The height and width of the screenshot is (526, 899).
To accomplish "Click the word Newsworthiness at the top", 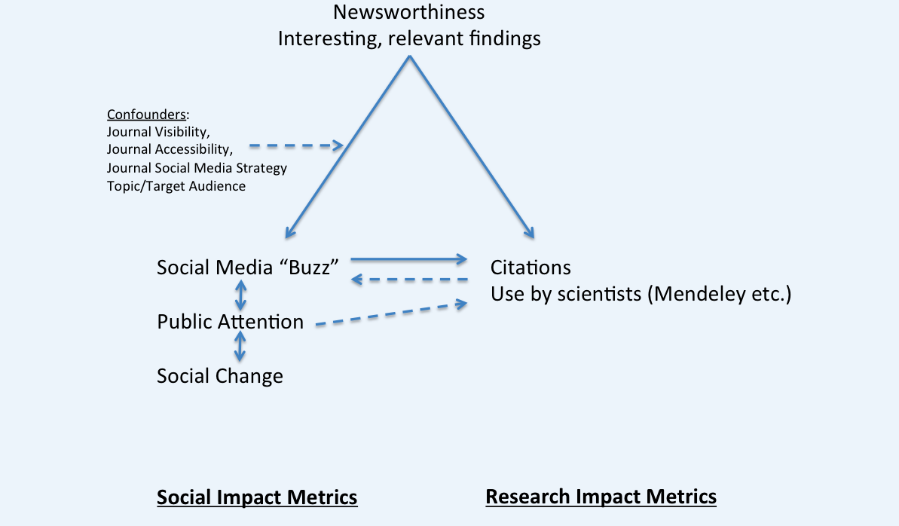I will (x=409, y=12).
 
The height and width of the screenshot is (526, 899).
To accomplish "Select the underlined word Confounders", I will (x=147, y=115).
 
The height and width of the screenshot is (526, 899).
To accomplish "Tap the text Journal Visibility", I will (x=158, y=132).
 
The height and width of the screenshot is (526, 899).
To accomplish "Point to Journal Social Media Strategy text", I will (x=197, y=167).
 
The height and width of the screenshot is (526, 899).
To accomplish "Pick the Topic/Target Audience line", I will (x=176, y=185).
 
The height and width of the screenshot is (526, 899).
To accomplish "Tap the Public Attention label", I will (x=230, y=323).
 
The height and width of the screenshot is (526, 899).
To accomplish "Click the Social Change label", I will (x=220, y=376).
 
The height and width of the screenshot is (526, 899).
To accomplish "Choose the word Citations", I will (x=531, y=268).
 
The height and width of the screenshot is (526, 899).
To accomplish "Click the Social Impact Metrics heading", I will (x=257, y=497).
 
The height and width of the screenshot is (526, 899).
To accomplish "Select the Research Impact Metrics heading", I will (x=601, y=497).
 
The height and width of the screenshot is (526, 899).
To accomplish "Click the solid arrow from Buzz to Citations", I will (x=409, y=259).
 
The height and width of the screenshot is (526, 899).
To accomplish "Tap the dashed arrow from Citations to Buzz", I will (x=409, y=280).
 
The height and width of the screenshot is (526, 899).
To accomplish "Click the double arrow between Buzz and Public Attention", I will (x=240, y=295).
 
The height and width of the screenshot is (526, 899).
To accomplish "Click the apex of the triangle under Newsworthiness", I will (x=409, y=57).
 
